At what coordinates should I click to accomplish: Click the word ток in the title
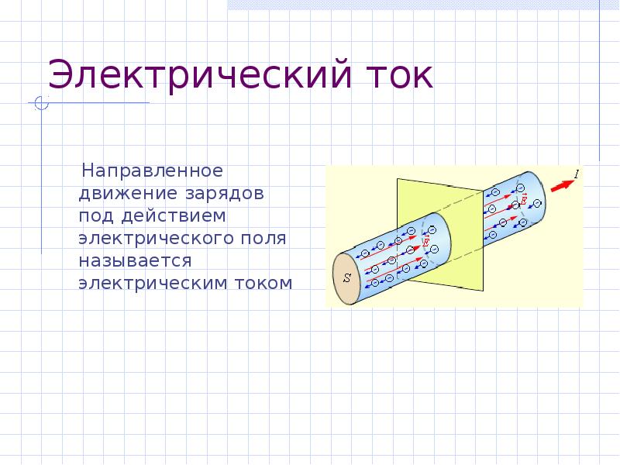coord(396,78)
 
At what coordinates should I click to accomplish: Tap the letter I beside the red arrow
coord(577,175)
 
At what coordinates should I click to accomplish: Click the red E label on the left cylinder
coord(425,243)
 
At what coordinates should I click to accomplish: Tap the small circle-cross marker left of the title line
coord(42,103)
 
